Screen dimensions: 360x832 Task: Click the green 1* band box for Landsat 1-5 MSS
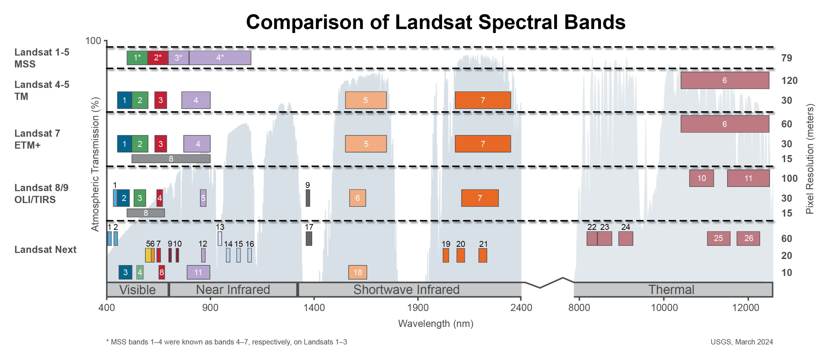(x=137, y=58)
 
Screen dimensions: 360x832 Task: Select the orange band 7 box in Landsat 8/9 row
(x=480, y=198)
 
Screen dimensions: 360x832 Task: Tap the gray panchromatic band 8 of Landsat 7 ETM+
(x=171, y=159)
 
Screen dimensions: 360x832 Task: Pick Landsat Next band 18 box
(x=357, y=272)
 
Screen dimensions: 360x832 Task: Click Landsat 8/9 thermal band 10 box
(x=701, y=178)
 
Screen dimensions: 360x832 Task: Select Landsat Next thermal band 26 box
(x=748, y=238)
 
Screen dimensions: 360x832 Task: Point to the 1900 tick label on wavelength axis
(x=418, y=307)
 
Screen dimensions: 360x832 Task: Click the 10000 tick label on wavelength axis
(x=664, y=307)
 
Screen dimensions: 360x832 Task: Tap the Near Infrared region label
(x=232, y=290)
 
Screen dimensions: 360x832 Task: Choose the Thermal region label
(x=671, y=290)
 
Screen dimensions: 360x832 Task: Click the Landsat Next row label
(x=45, y=249)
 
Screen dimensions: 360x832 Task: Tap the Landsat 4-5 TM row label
(x=42, y=91)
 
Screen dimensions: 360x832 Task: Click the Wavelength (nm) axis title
(x=435, y=324)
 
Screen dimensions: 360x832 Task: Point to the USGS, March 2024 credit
(x=741, y=342)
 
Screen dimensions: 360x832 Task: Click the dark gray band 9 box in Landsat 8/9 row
(x=308, y=198)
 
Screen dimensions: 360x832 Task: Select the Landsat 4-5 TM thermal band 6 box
(x=725, y=80)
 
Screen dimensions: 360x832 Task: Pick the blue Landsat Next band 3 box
(x=125, y=272)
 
